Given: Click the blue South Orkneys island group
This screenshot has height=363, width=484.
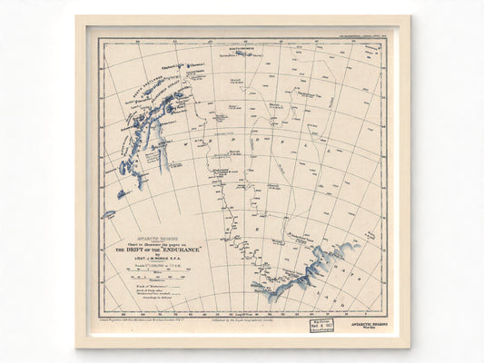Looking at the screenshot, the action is coord(243,53).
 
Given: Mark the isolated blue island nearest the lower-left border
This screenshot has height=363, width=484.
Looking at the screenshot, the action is coord(108,214).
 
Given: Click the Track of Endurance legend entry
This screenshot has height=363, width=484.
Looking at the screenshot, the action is coord(136,286).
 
